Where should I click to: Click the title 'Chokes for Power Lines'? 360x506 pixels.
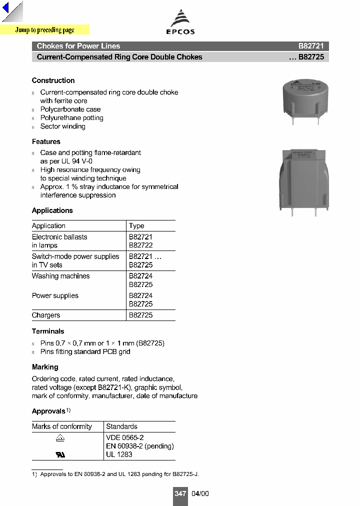click(78, 46)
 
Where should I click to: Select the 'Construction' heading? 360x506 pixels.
click(53, 80)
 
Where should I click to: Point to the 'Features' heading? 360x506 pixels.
click(46, 141)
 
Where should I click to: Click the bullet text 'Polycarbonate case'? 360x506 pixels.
click(70, 109)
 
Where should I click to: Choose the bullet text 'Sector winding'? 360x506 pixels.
click(62, 126)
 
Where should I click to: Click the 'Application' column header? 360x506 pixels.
click(48, 226)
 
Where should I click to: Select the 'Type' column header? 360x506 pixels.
click(136, 226)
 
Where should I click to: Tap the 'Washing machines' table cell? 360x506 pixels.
click(61, 276)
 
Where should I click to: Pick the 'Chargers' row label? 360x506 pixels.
click(46, 315)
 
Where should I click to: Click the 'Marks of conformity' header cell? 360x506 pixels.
click(62, 426)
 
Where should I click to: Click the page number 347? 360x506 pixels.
click(180, 493)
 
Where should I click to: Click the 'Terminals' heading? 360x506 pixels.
click(48, 331)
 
